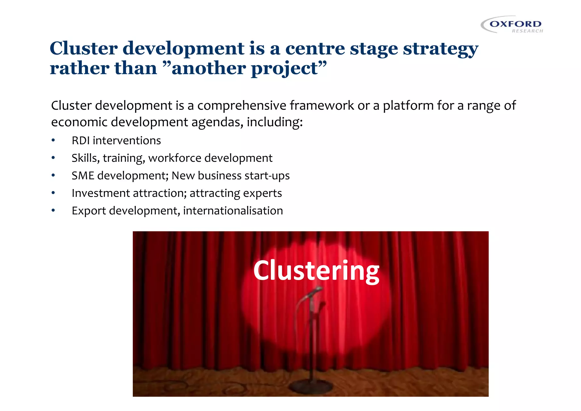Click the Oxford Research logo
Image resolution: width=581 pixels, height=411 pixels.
pos(512,25)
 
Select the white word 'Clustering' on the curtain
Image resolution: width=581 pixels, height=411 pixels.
pos(316,271)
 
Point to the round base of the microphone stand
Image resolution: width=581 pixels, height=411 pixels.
pos(311,386)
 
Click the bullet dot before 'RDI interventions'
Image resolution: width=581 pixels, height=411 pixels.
pos(53,141)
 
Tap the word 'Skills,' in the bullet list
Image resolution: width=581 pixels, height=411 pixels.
pos(85,158)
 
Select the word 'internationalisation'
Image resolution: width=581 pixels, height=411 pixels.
pos(233,211)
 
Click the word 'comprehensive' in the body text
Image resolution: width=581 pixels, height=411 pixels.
pos(242,106)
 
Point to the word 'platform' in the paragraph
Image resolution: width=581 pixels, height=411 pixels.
pos(408,106)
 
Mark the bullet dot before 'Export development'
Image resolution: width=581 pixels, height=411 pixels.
pos(53,211)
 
